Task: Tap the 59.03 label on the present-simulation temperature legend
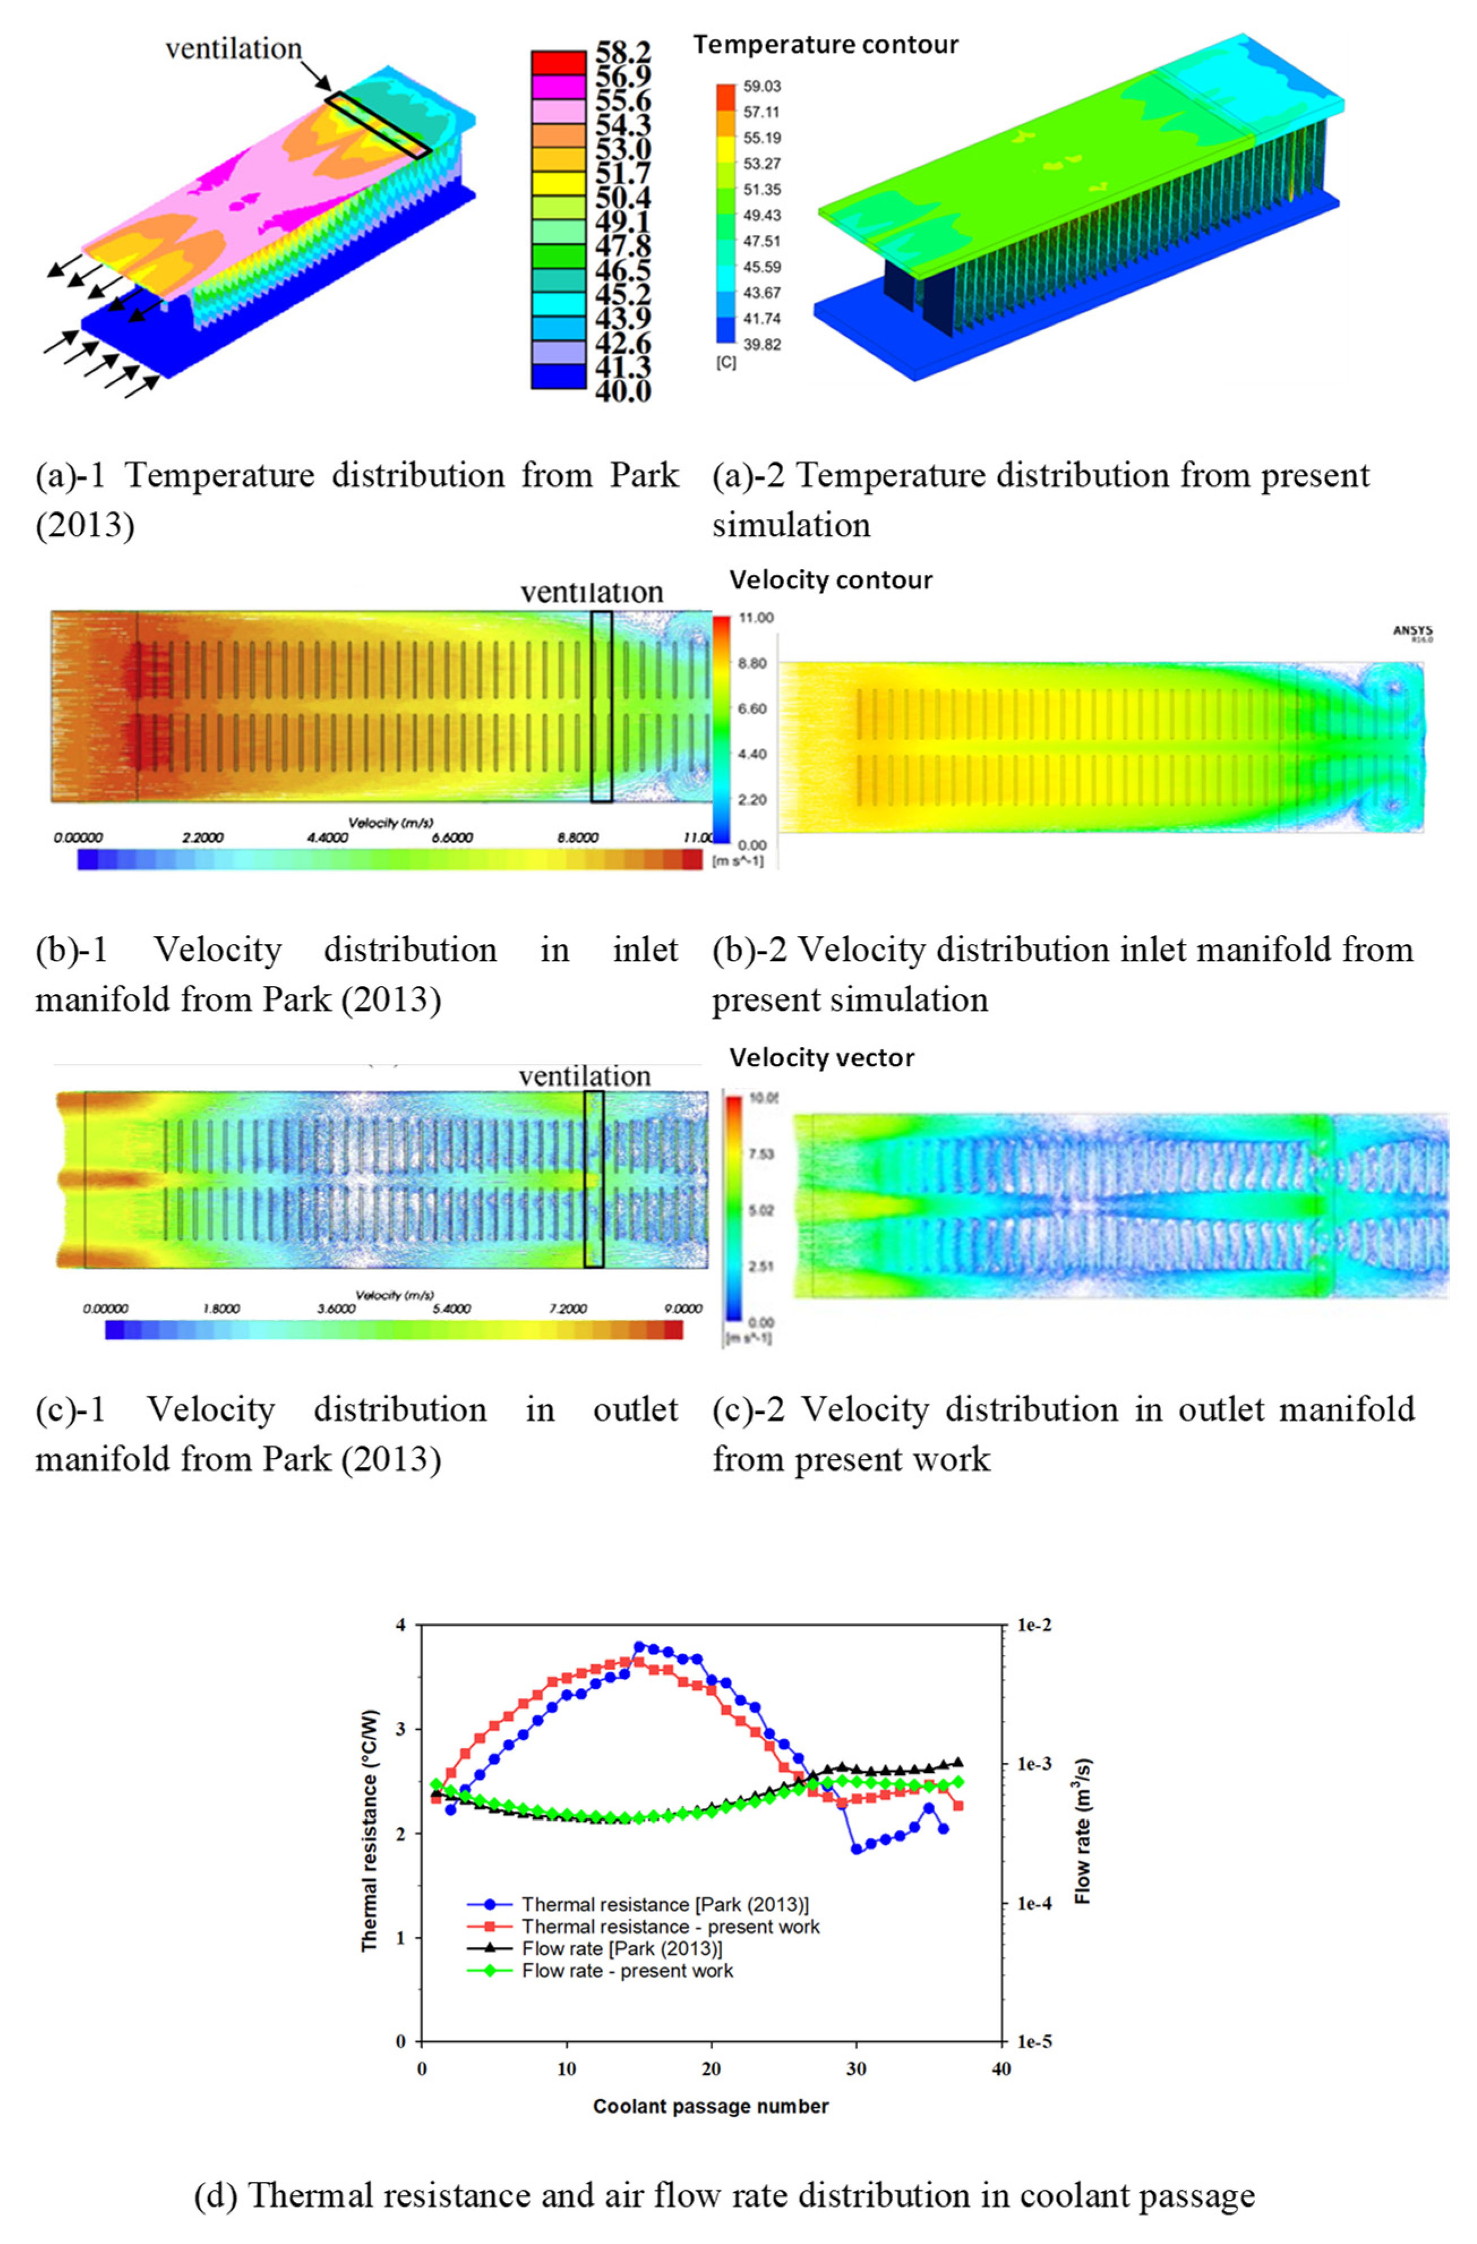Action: (762, 87)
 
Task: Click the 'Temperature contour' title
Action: (826, 44)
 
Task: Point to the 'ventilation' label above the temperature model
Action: (234, 49)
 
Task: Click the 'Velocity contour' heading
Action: (830, 580)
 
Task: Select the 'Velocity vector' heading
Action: (822, 1058)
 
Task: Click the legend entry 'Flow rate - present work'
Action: (627, 1971)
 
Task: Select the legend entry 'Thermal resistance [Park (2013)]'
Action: (664, 1905)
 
